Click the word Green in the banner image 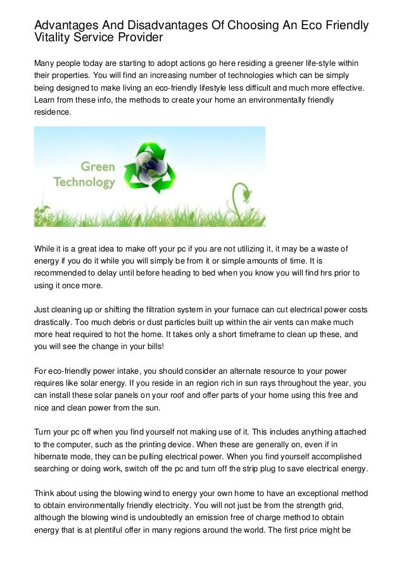pyautogui.click(x=97, y=167)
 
